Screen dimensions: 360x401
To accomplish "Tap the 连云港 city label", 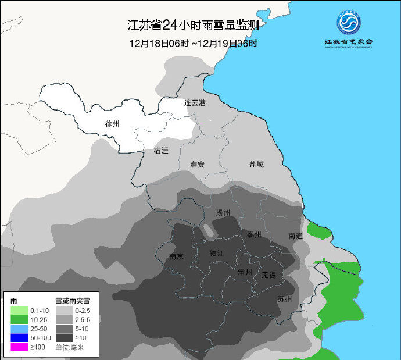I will click(195, 103).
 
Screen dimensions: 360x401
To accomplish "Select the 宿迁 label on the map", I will click(161, 151).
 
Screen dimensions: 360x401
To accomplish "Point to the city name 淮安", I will click(197, 165).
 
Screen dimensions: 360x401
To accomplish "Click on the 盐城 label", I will click(256, 165).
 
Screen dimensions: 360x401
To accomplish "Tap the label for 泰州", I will click(254, 235).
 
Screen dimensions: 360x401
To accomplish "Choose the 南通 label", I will click(295, 236).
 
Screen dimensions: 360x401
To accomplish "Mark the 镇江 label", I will click(217, 254).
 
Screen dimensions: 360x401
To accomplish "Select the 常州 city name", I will click(245, 272).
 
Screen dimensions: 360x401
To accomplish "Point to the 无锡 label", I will click(269, 275).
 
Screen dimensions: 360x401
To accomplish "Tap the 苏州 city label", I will click(284, 300).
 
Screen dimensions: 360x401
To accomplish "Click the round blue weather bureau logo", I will click(349, 23).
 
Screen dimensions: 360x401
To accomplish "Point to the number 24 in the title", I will click(169, 26).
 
